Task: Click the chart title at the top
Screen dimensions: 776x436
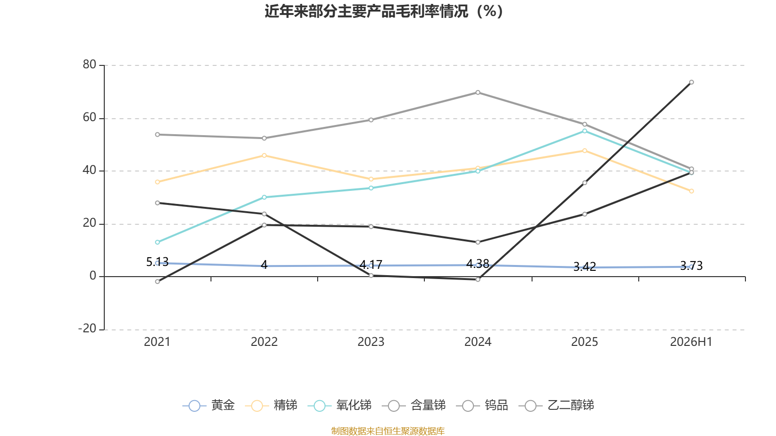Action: tap(384, 12)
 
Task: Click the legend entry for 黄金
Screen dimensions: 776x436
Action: tap(209, 405)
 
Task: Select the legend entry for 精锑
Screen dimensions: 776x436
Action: tap(271, 405)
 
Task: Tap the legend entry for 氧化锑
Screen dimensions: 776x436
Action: tap(339, 405)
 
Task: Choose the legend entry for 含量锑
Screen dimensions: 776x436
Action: tap(414, 405)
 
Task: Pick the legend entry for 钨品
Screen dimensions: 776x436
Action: tap(482, 405)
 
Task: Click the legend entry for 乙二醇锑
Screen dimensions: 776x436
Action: tap(556, 405)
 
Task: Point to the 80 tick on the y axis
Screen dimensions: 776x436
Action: tap(89, 64)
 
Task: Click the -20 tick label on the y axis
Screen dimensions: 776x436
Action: tap(87, 328)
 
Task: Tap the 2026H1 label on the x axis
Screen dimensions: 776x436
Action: tap(691, 342)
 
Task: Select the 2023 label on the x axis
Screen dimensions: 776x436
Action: tap(371, 342)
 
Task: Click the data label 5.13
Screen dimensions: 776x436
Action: tap(157, 262)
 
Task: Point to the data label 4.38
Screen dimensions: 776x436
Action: tap(478, 264)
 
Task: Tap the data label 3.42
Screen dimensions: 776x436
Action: tap(584, 266)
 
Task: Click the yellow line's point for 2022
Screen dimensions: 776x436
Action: tap(264, 156)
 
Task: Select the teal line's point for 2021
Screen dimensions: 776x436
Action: tap(158, 242)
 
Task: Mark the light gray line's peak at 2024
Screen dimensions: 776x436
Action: tap(478, 93)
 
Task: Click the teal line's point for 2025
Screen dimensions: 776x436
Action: tap(584, 131)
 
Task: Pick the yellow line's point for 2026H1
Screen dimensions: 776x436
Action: tap(691, 191)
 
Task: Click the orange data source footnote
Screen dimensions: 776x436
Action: tap(388, 431)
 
